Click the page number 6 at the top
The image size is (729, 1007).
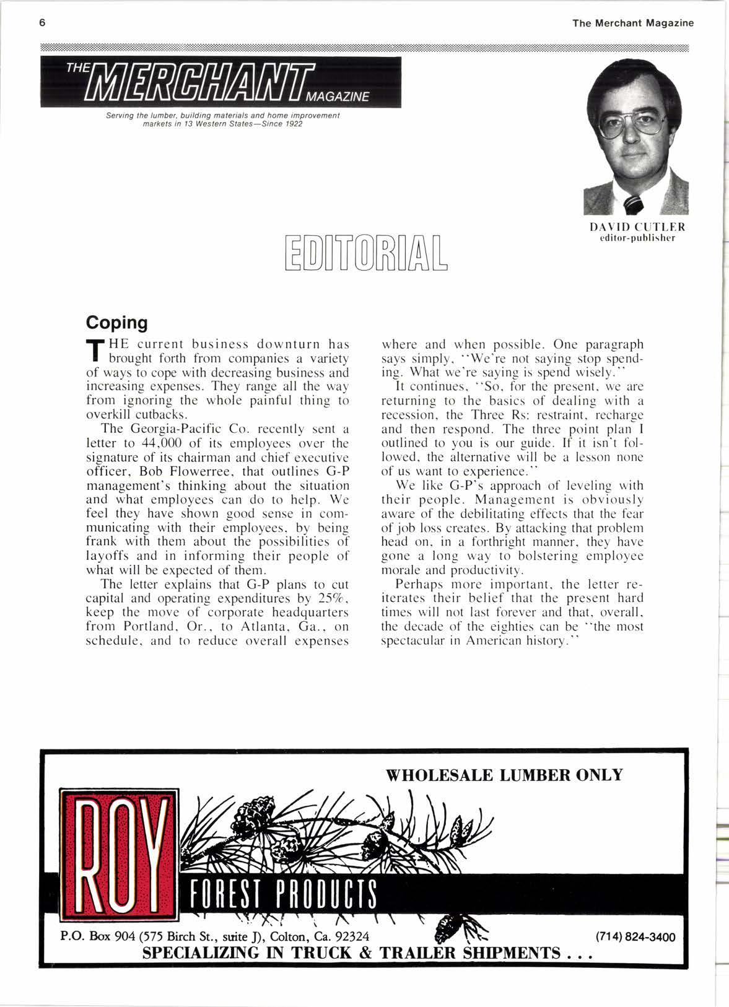42,23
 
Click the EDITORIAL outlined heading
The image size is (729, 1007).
365,254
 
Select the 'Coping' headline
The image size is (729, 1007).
116,323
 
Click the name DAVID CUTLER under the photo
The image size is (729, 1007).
636,227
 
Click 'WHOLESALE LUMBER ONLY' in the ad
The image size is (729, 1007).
504,775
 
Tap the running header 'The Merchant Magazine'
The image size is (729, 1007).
633,23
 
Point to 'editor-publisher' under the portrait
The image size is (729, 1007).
636,238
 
